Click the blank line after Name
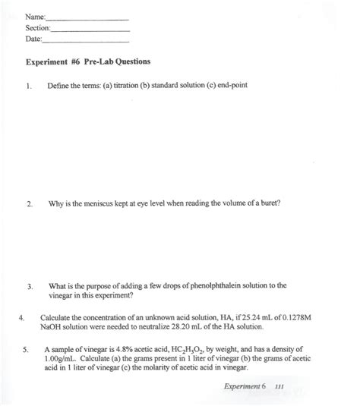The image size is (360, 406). click(x=87, y=18)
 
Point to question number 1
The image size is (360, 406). click(x=27, y=85)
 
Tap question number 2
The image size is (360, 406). click(x=28, y=205)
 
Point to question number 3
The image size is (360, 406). click(x=28, y=286)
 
